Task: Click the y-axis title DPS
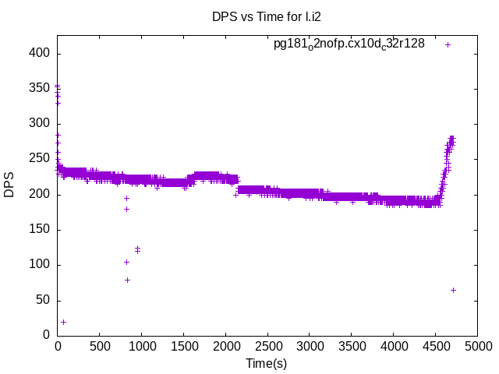pos(9,185)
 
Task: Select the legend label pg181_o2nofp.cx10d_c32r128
pos(349,44)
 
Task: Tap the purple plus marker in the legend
pos(448,44)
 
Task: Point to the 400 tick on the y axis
pos(41,53)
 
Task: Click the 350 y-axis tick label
pos(41,89)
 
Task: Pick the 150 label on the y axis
pos(41,229)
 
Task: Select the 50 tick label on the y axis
pos(44,300)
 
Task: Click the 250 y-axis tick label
pos(41,159)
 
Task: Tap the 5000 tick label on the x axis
pos(476,347)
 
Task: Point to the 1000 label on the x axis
pos(141,347)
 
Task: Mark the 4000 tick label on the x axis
pos(393,347)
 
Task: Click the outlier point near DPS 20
pos(63,322)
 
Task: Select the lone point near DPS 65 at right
pos(453,290)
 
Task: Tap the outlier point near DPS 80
pos(127,280)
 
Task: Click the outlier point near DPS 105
pos(126,262)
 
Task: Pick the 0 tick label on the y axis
pos(47,335)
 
